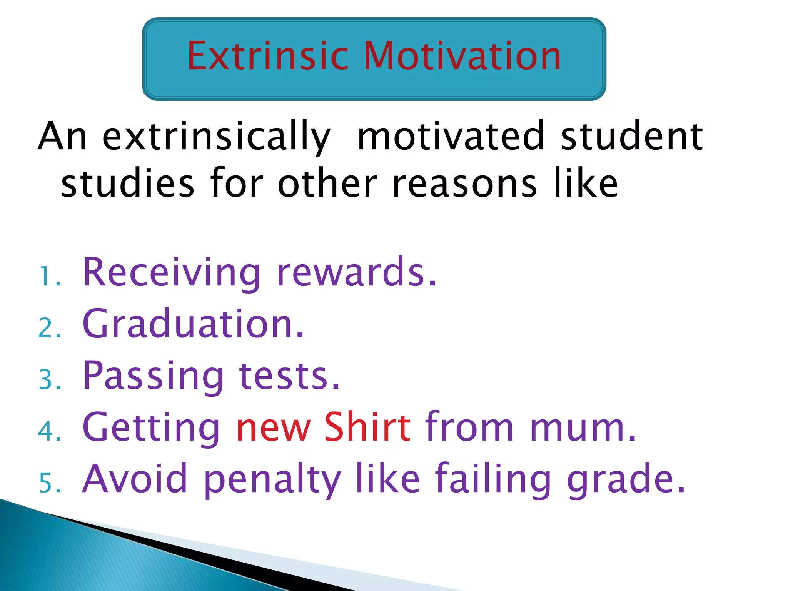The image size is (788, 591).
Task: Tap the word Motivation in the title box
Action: [462, 57]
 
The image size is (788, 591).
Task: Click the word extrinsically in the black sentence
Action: [216, 137]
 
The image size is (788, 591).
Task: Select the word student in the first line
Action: [631, 137]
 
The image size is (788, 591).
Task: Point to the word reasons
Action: [464, 184]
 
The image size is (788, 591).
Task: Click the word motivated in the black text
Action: [450, 137]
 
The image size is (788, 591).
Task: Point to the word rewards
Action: [356, 272]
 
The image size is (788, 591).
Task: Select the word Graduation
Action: [193, 324]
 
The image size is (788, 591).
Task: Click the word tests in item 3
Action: [289, 376]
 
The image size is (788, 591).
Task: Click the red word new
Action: [273, 428]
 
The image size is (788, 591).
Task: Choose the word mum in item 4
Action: [582, 428]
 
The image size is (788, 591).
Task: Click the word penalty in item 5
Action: [272, 480]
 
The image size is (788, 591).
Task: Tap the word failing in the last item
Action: [493, 479]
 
